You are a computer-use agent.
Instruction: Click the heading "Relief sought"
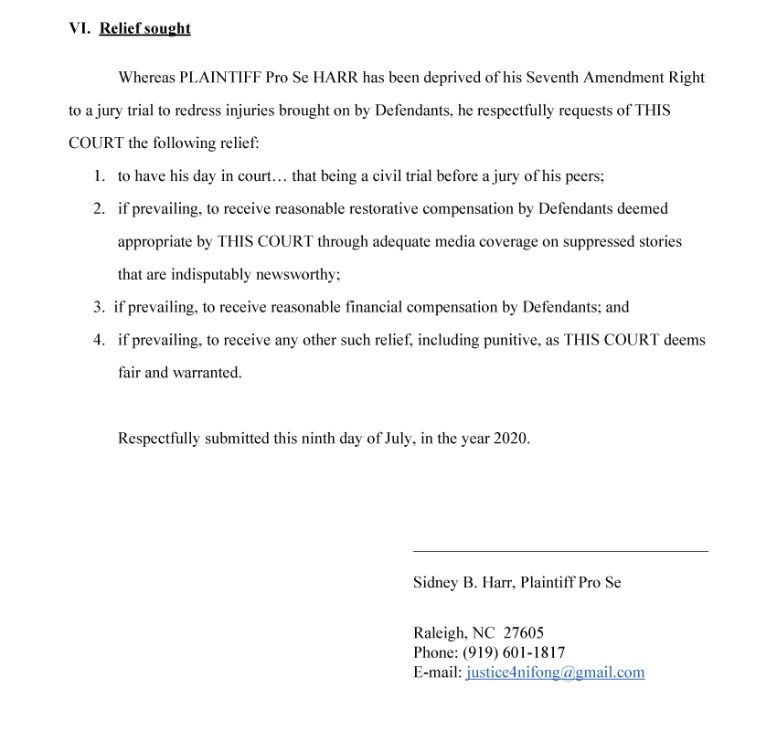click(x=144, y=28)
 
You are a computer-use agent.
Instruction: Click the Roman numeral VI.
click(x=80, y=28)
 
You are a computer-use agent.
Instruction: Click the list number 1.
click(x=99, y=176)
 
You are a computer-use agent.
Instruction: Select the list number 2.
click(x=99, y=209)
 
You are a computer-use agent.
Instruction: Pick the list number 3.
click(x=98, y=308)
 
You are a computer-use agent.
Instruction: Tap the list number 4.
click(x=99, y=341)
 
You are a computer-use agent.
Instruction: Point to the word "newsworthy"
click(x=301, y=275)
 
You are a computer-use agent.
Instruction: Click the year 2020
click(x=511, y=439)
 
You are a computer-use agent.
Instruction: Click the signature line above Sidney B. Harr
click(x=560, y=551)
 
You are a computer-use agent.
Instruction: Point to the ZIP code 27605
click(x=524, y=633)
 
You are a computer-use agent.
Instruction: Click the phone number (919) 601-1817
click(x=514, y=652)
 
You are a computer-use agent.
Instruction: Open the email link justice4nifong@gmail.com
click(x=555, y=672)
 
